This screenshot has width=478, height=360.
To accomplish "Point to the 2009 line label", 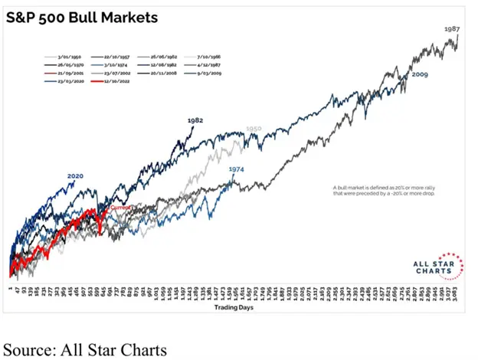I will (x=419, y=75).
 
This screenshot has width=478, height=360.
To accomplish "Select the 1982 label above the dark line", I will (x=195, y=121).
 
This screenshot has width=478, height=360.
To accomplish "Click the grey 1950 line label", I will (x=254, y=130).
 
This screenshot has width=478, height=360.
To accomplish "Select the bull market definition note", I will (x=381, y=191).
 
